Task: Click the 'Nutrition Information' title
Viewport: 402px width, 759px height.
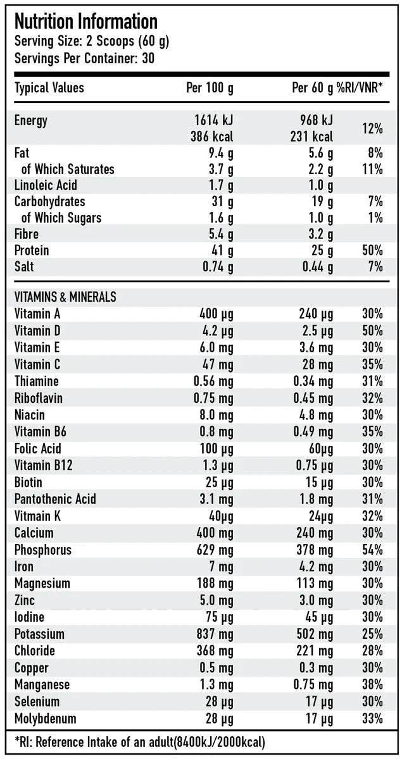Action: pos(85,22)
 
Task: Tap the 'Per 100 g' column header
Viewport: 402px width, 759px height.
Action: pos(210,88)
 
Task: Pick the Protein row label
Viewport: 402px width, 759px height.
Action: pos(32,250)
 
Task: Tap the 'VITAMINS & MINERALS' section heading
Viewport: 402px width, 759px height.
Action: pos(65,297)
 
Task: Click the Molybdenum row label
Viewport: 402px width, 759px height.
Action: pos(45,719)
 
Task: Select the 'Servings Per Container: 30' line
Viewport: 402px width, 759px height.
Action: pos(85,58)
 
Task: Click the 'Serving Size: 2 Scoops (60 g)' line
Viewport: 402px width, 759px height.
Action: pos(92,42)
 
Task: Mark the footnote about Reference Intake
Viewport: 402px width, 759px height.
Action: pos(139,742)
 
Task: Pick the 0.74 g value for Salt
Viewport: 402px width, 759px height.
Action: pos(218,267)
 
